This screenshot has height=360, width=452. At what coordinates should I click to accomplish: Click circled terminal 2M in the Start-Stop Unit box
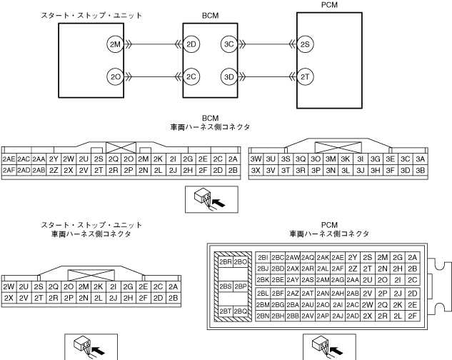(x=114, y=44)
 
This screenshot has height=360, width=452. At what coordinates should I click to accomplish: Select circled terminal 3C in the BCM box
(x=228, y=44)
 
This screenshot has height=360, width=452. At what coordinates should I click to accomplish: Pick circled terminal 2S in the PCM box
(x=306, y=44)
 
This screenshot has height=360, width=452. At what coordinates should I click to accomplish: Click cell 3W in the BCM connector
(x=256, y=159)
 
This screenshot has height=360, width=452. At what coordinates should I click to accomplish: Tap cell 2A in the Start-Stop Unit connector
(x=174, y=286)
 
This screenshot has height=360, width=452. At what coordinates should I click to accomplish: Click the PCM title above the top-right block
(x=331, y=6)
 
